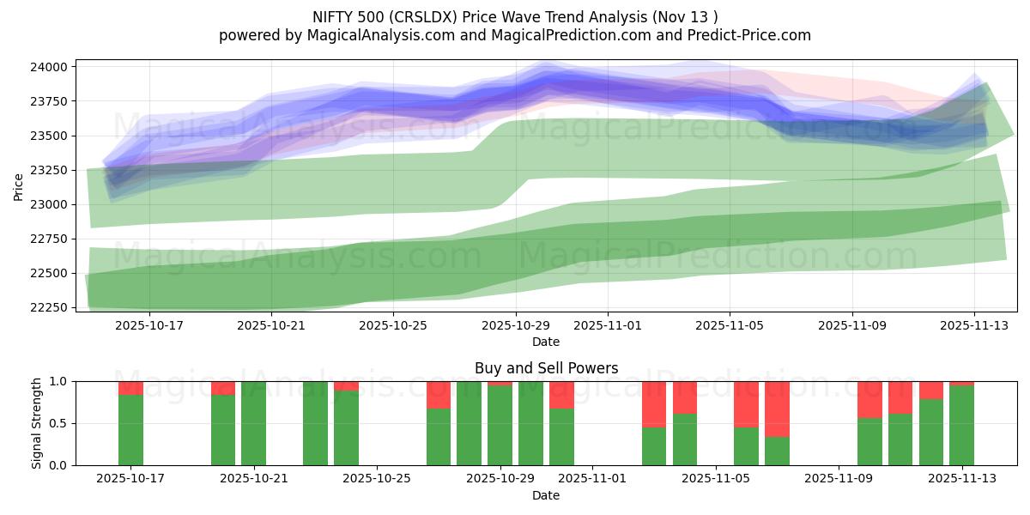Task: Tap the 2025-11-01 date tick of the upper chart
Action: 608,325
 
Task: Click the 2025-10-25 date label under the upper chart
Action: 393,325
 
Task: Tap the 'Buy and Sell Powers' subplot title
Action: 546,368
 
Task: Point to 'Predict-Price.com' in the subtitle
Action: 745,35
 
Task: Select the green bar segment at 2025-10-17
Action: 130,430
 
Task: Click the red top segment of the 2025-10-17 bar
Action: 130,388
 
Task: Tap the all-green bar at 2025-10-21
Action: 253,423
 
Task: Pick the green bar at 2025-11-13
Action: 961,426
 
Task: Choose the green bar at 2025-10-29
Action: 500,426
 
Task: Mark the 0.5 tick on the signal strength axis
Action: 59,423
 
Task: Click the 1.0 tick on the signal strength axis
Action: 59,381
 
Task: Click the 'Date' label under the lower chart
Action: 546,495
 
